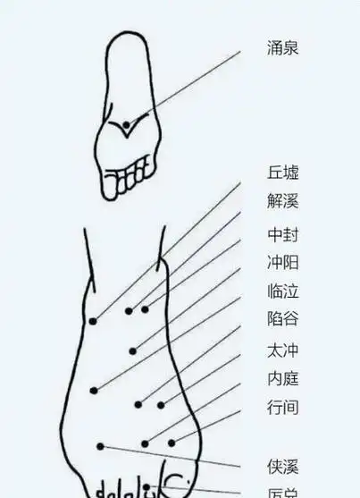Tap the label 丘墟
pos(282,173)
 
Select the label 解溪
pos(282,201)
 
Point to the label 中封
pos(282,235)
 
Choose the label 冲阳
pos(282,263)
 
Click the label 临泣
pos(282,291)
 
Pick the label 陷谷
pos(282,318)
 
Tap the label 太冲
pos(282,350)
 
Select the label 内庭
pos(282,378)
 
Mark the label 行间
pos(282,408)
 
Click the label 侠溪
pos(282,466)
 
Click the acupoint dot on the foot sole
pos(127,124)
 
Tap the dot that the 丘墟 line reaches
pos(93,321)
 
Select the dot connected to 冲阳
pos(133,350)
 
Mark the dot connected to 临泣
pos(94,390)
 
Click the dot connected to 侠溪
pos(101,446)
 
